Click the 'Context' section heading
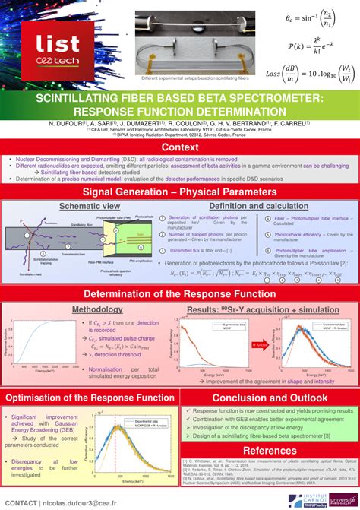(180, 147)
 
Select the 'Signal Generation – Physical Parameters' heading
(180, 192)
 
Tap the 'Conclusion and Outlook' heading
(270, 398)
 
